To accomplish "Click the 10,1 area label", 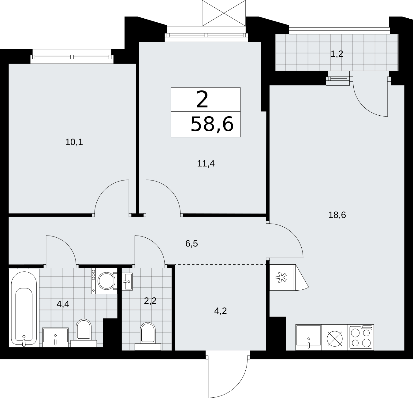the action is tap(74, 142).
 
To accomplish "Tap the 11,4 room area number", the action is tap(206, 163).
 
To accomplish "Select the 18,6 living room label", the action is tap(337, 215).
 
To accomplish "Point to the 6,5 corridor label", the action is tap(192, 244).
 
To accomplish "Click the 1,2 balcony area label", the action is tap(337, 54).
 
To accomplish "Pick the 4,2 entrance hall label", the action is tap(221, 311).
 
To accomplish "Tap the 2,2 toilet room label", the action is tap(150, 301).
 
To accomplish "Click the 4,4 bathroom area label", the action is tap(63, 304).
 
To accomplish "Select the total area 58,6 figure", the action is tap(212, 124).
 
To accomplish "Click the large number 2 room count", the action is tap(202, 99).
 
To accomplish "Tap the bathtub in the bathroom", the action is tap(24, 308).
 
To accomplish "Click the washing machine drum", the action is tap(106, 281).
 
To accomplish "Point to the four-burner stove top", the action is tap(361, 337).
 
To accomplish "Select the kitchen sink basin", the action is tap(309, 337).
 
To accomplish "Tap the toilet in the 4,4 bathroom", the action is tap(84, 333).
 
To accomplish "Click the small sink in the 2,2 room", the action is tap(127, 281).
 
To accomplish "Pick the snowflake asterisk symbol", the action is tap(281, 277).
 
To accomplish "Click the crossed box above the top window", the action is tap(224, 13).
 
